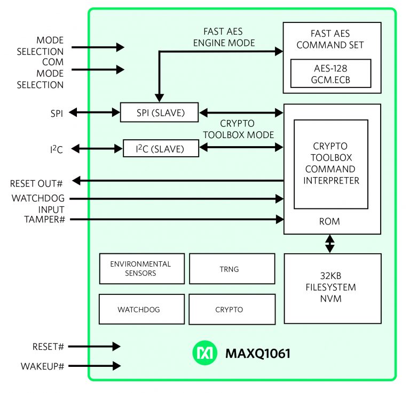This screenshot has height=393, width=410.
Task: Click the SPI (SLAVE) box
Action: [x=159, y=112]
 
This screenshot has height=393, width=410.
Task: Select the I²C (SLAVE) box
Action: [x=160, y=149]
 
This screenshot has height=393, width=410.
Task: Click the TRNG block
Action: [x=232, y=269]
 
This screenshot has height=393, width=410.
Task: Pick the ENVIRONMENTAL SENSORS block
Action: [x=141, y=268]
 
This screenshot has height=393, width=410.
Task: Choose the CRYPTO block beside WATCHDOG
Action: [x=232, y=309]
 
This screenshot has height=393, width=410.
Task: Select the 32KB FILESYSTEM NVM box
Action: [x=332, y=288]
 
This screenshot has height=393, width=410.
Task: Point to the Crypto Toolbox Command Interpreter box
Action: [x=331, y=164]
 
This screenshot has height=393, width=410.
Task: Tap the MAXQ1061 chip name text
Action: [x=258, y=353]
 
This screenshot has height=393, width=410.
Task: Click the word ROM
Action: [x=329, y=221]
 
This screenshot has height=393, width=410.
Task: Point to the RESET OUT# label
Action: [x=36, y=184]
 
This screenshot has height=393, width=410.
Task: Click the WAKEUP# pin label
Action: [x=42, y=366]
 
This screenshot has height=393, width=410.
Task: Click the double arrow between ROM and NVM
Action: [x=330, y=244]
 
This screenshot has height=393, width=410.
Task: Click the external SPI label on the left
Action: [x=55, y=113]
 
